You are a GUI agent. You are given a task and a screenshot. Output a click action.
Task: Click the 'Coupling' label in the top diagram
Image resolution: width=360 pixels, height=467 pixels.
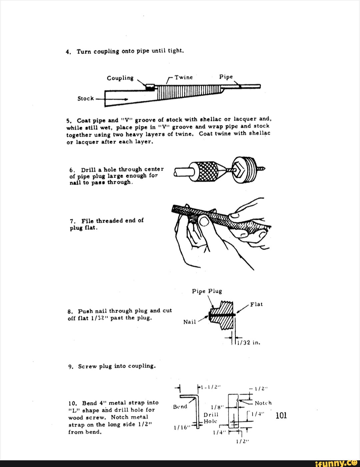[x=120, y=78]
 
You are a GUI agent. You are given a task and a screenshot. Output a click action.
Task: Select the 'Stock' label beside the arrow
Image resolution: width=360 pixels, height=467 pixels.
[x=86, y=98]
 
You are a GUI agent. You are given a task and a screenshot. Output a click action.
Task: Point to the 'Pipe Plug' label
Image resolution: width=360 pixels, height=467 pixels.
[x=207, y=291]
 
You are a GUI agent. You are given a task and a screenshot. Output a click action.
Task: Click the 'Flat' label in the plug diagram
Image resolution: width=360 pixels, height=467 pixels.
[x=256, y=304]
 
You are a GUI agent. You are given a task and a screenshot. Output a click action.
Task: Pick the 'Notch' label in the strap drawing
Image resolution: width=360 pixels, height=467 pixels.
[x=263, y=403]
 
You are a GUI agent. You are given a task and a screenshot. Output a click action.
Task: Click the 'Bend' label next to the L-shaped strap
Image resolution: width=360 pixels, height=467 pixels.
[x=180, y=407]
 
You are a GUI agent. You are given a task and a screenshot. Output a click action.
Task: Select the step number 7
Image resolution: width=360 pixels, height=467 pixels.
[x=72, y=221]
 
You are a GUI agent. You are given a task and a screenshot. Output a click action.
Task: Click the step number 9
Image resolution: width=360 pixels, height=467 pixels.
[x=71, y=366]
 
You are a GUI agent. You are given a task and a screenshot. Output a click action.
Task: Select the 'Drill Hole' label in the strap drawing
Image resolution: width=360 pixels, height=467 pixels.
[x=211, y=418]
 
